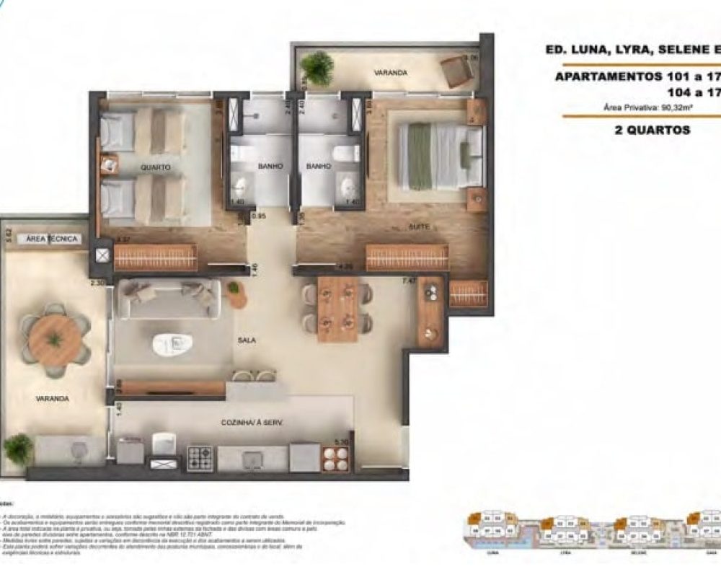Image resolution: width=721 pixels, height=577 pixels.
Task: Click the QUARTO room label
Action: tap(156, 167)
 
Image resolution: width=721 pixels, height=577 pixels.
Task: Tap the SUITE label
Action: tap(419, 226)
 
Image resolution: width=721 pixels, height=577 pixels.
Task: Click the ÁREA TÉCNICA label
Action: tap(52, 239)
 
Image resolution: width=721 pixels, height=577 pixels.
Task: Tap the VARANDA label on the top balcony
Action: tap(390, 73)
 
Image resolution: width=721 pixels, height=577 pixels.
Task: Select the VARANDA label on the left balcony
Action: tap(53, 398)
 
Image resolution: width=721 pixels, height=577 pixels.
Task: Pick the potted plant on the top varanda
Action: tap(317, 68)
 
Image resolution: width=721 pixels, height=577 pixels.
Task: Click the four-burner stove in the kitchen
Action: tap(200, 458)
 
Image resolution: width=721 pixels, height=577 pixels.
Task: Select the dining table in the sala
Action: tap(337, 308)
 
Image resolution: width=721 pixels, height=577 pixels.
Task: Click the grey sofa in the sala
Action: tap(169, 298)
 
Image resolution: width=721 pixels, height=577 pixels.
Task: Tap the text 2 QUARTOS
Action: tap(637, 131)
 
